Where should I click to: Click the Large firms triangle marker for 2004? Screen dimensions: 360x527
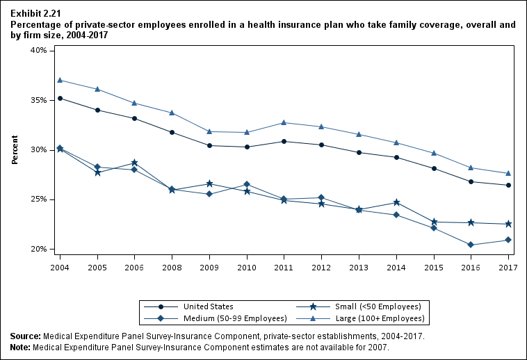[x=60, y=80]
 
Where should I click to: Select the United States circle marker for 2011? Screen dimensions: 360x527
[x=284, y=141]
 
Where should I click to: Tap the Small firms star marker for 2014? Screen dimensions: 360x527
[x=396, y=202]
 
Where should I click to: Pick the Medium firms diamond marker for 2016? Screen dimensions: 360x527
[x=471, y=245]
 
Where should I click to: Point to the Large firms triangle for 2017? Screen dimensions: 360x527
[x=508, y=173]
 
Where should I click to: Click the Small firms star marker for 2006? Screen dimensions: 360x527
[x=134, y=163]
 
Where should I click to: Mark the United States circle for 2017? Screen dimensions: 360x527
[x=508, y=185]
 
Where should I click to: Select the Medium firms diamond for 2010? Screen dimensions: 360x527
[x=246, y=184]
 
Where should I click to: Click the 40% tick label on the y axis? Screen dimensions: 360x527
[x=38, y=51]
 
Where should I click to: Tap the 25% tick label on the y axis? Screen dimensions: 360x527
[x=38, y=199]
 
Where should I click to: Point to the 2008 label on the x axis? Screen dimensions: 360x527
[x=172, y=267]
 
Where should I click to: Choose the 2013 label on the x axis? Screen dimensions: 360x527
[x=358, y=267]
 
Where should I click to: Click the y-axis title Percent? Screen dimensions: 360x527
[x=15, y=150]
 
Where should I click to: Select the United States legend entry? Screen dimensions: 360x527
[x=208, y=306]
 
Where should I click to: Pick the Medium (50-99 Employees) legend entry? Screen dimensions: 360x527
[x=234, y=318]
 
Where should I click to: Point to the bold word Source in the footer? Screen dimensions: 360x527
[x=25, y=336]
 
